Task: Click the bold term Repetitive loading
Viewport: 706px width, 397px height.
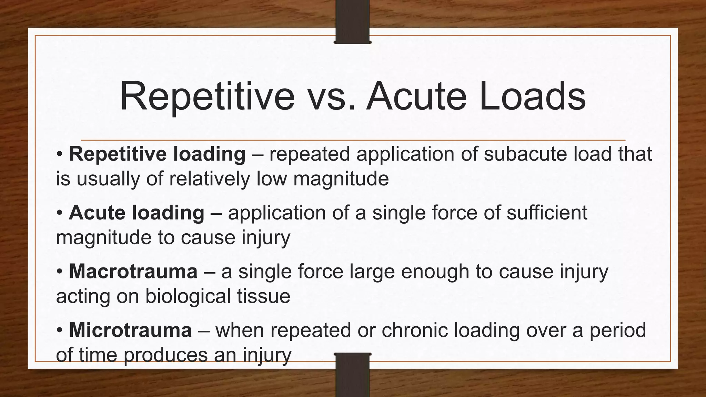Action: click(x=157, y=154)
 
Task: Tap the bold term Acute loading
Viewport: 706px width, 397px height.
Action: click(x=137, y=213)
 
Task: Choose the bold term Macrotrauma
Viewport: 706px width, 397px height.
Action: click(x=133, y=271)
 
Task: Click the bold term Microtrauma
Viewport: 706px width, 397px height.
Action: click(x=130, y=330)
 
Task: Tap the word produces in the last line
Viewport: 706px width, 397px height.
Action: click(x=165, y=355)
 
